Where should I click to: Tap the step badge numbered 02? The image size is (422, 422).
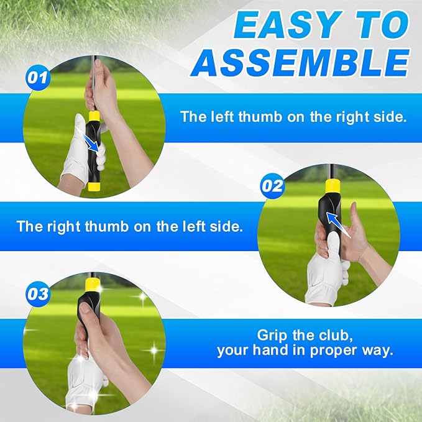[272, 185]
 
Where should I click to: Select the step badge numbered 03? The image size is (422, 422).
[37, 294]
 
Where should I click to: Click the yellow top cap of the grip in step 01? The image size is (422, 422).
[94, 116]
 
